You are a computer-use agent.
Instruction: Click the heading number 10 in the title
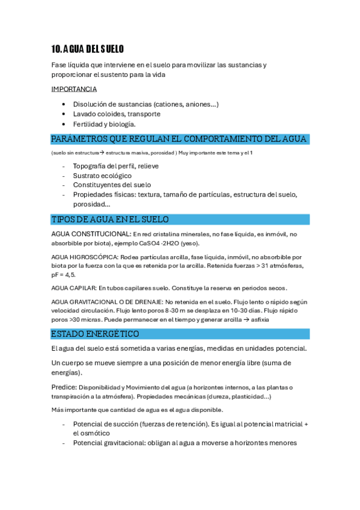tap(56, 49)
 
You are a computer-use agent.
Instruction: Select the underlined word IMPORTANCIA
tap(74, 90)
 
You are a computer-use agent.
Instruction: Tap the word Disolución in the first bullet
tap(91, 104)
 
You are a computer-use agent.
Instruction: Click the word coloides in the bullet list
tap(113, 114)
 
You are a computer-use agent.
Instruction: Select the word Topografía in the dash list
tap(93, 165)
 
